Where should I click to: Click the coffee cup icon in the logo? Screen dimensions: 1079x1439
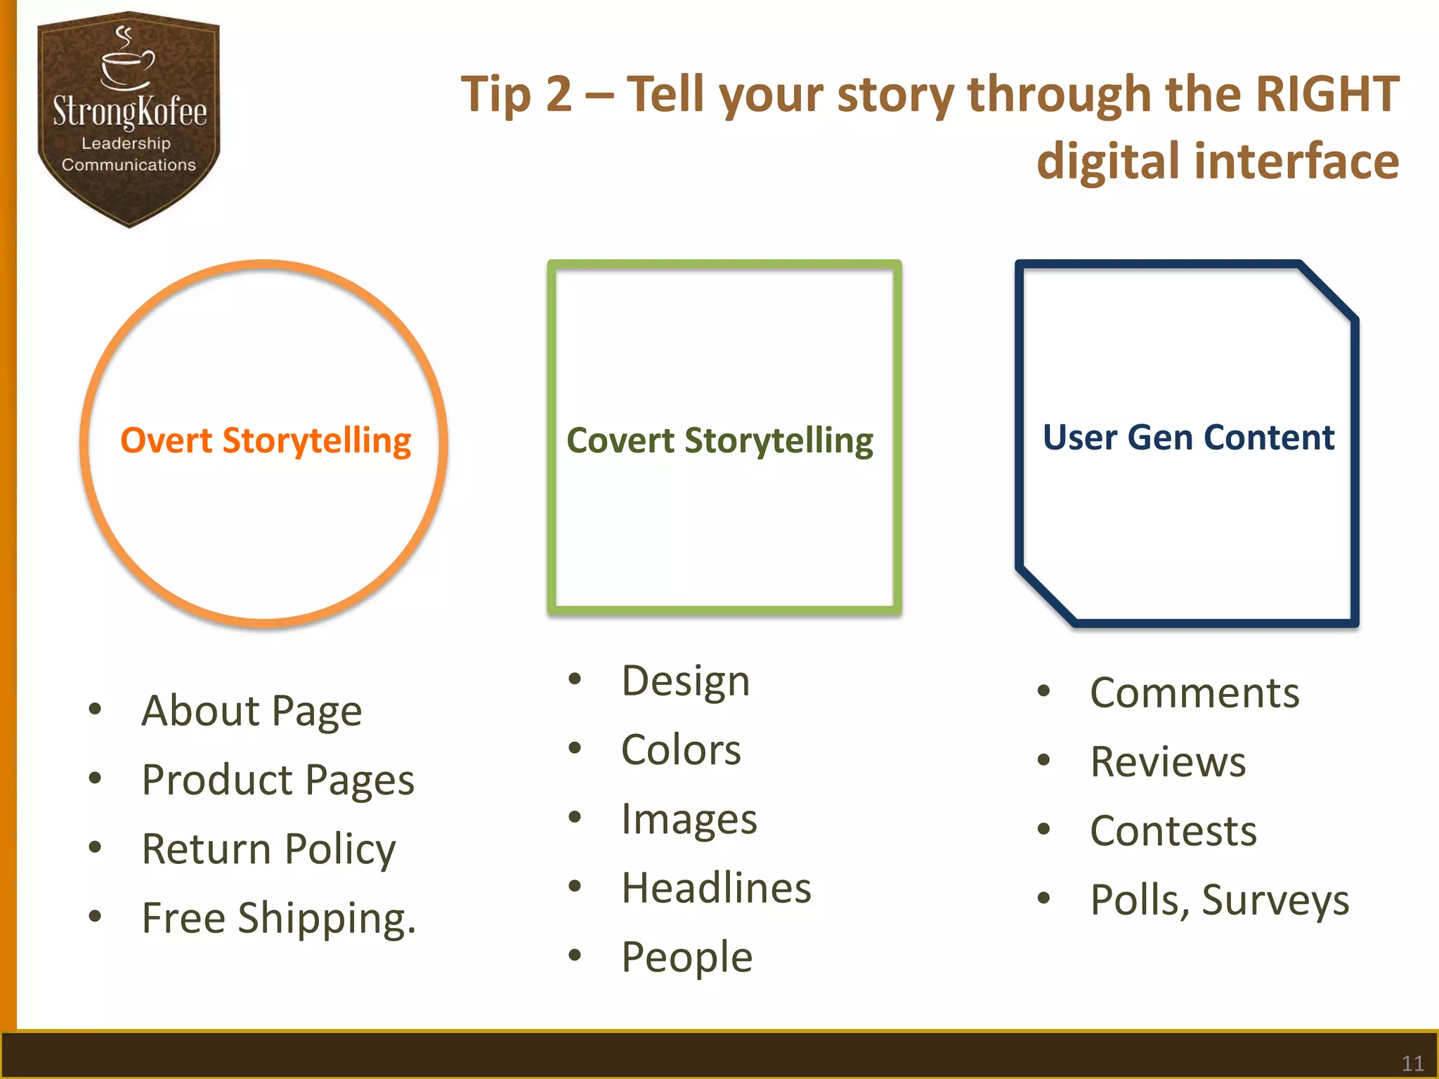(126, 65)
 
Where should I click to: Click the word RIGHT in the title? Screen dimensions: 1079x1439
(1327, 94)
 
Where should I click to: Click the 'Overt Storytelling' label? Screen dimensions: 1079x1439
(266, 441)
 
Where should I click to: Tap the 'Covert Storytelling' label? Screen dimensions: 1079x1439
(719, 441)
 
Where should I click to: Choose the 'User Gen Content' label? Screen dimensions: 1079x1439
(1188, 438)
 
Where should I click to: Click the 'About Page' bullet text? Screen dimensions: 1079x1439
(252, 711)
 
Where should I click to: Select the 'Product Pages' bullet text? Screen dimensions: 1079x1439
(278, 780)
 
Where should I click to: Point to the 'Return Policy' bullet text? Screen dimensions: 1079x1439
(268, 849)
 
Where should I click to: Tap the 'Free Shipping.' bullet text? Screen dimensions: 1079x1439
(279, 918)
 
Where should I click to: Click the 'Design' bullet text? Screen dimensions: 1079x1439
(686, 681)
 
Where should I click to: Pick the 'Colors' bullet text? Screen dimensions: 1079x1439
(681, 750)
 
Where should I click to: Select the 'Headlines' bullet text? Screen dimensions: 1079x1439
(716, 888)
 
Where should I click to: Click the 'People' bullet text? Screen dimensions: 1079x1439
(686, 957)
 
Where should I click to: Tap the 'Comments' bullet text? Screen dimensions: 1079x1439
(1194, 693)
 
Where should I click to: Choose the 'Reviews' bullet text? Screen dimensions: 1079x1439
(1168, 762)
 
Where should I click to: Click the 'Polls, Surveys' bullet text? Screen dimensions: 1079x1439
(1219, 900)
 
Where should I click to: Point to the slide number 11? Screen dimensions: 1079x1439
(1412, 1063)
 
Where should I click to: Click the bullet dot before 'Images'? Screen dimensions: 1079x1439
(575, 817)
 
